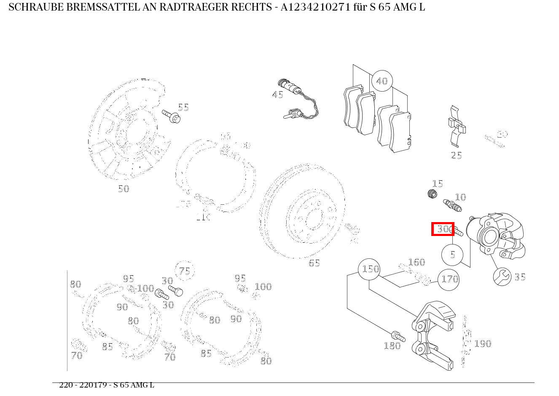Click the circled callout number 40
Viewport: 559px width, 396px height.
382,81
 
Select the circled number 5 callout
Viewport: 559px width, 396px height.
452,255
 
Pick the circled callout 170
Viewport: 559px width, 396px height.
449,279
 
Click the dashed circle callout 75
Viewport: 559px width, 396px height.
185,271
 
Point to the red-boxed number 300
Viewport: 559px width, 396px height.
443,229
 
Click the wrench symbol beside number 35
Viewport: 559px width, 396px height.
502,277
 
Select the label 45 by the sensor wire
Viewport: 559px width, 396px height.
277,95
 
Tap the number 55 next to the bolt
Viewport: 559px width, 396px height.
183,107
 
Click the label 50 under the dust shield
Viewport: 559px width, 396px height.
124,189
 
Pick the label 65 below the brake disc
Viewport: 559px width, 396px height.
314,263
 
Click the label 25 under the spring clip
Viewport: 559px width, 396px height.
456,156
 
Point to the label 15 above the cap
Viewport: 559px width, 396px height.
438,184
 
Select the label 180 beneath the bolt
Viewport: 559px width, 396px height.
392,346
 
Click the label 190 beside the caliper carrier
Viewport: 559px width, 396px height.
483,344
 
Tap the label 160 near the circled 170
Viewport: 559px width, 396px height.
417,262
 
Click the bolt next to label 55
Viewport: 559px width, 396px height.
171,116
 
